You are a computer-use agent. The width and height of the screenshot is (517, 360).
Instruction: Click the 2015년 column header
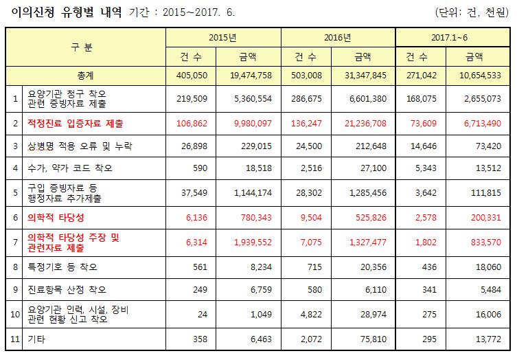(223, 37)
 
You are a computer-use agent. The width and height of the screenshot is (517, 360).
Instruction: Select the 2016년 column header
(338, 37)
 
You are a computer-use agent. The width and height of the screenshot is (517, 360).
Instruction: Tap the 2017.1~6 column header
(452, 37)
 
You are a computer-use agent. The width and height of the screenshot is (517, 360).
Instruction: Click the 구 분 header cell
(85, 47)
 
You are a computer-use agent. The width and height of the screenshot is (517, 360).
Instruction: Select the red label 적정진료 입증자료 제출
(75, 124)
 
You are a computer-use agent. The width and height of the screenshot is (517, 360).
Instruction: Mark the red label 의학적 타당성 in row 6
(55, 217)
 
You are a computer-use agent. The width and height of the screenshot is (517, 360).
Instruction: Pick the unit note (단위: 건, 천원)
(474, 12)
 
